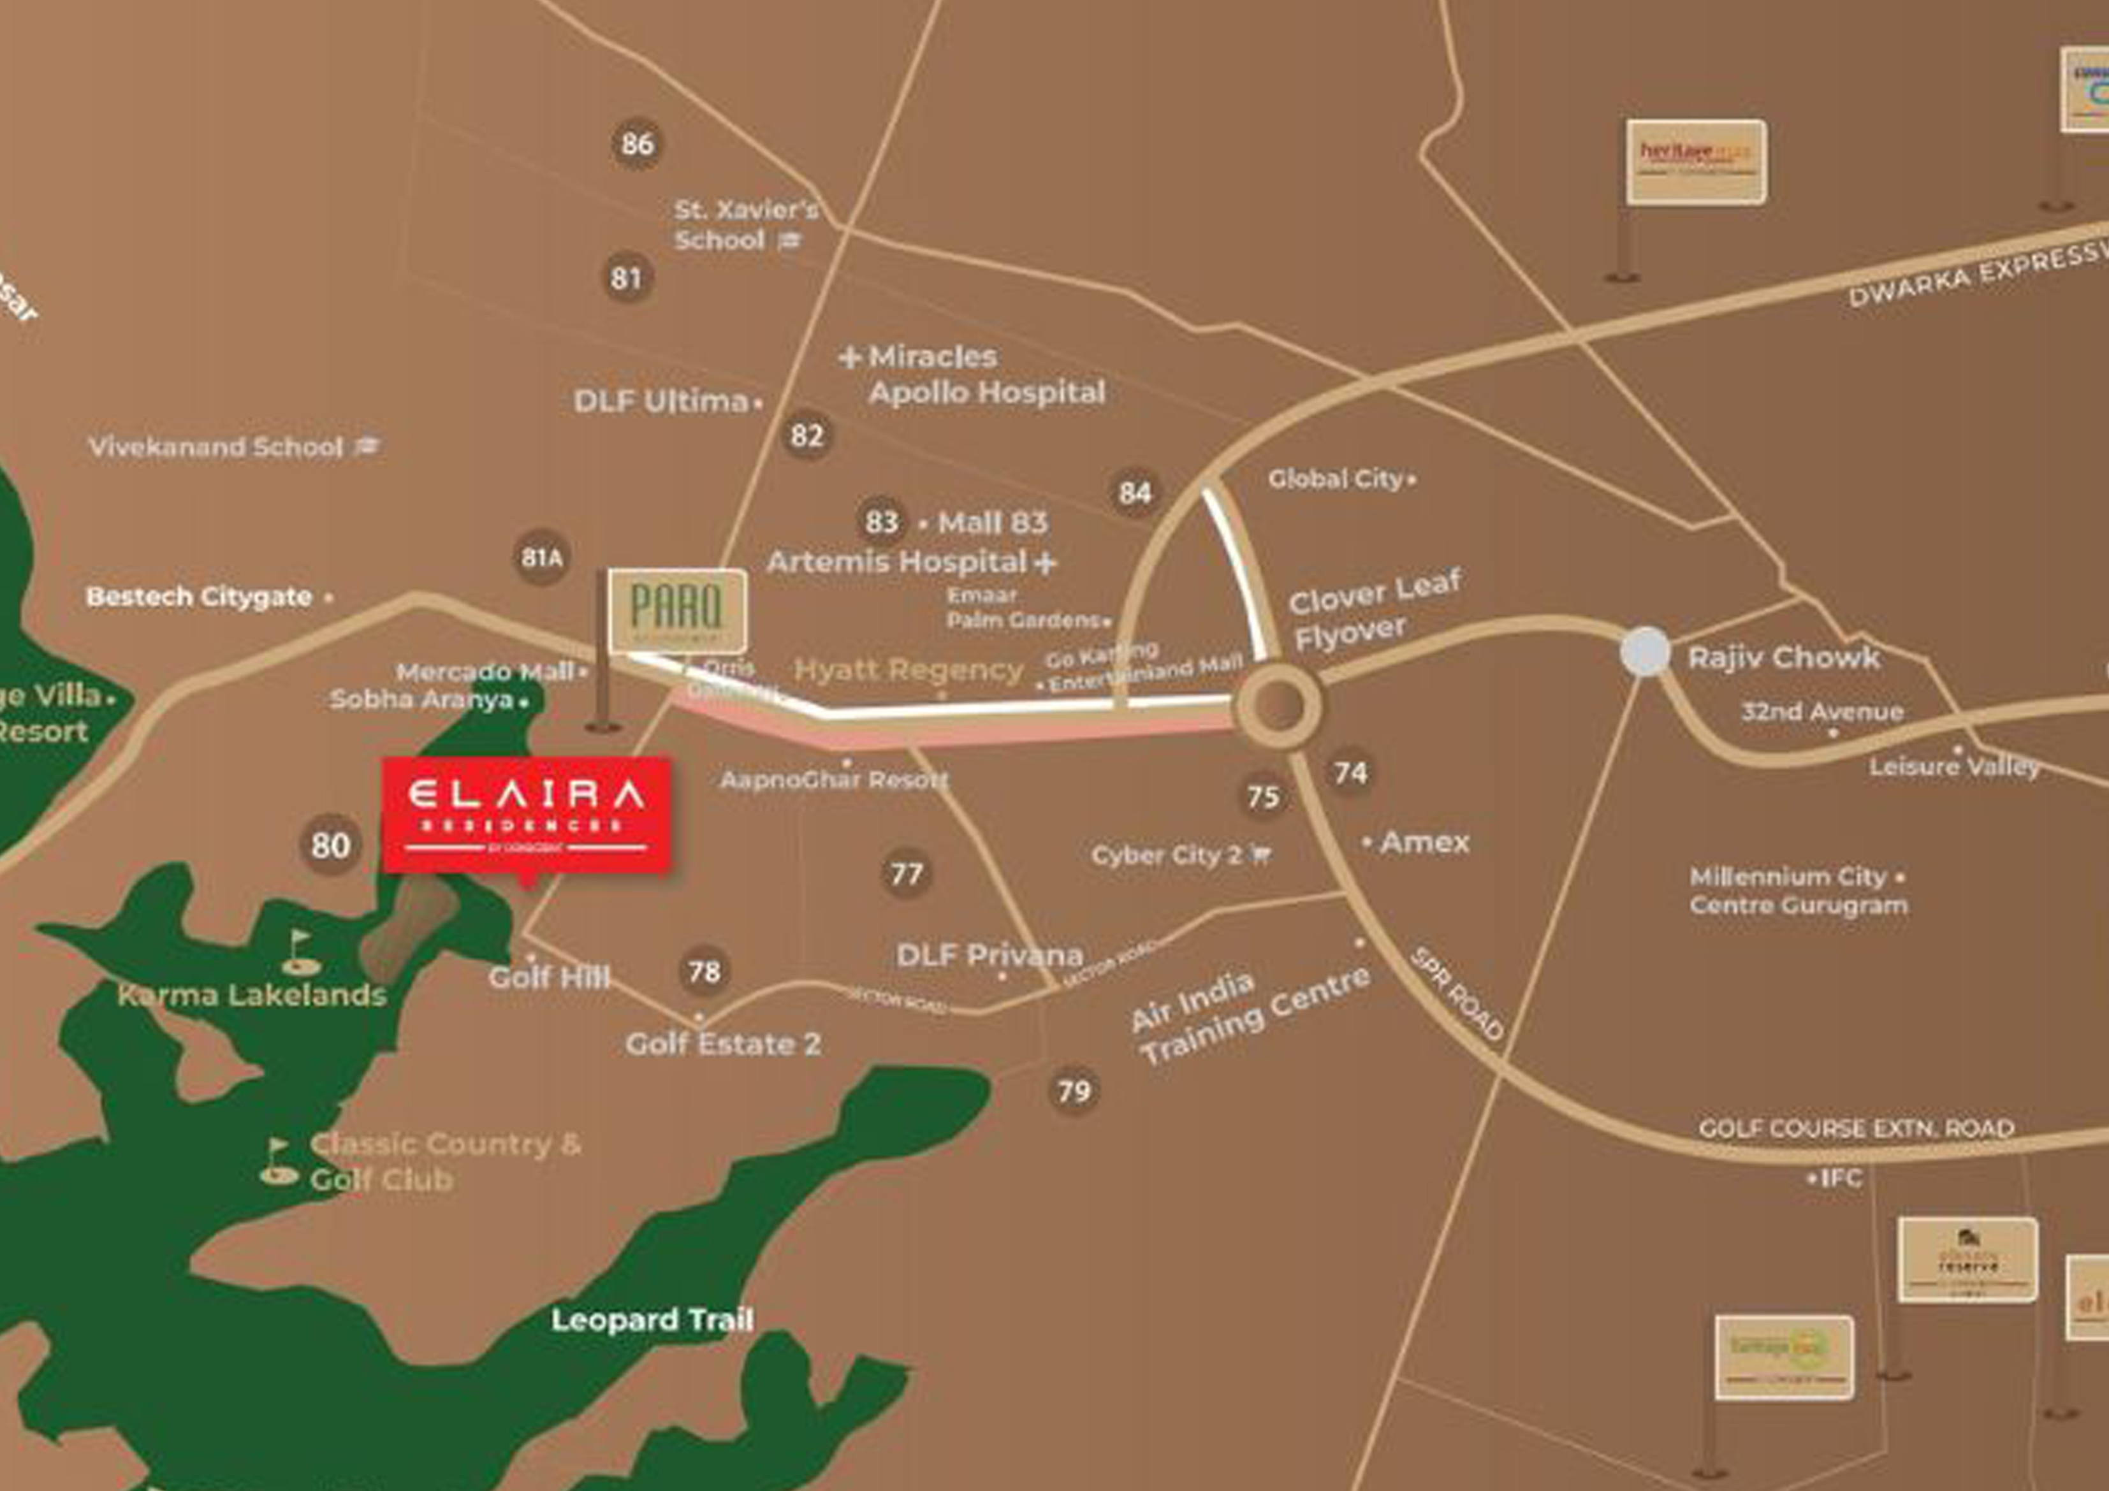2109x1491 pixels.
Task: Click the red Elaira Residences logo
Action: tap(527, 815)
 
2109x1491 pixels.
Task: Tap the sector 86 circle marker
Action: tap(638, 144)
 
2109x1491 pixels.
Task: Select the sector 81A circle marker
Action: tap(541, 558)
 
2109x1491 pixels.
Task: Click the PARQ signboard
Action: tap(677, 610)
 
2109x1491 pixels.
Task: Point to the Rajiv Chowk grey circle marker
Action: tap(1644, 651)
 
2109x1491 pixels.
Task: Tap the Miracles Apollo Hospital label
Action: tap(974, 375)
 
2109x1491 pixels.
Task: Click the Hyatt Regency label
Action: tap(907, 670)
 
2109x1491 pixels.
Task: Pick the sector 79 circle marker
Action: tap(1074, 1091)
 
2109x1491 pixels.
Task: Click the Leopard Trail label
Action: tap(652, 1320)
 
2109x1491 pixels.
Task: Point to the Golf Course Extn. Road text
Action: tap(1855, 1128)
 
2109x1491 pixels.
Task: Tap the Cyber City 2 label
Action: tap(1167, 855)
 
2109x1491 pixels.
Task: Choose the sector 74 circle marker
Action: tap(1350, 773)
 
